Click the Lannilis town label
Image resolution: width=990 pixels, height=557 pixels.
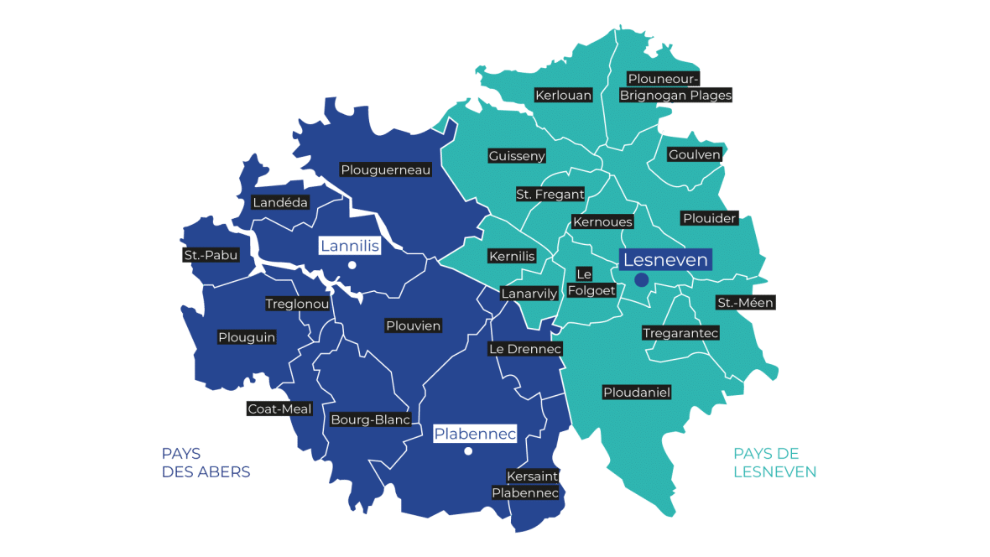click(x=350, y=246)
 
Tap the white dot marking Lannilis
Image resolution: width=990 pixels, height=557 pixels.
click(x=352, y=265)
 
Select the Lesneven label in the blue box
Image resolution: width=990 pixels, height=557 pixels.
click(x=665, y=260)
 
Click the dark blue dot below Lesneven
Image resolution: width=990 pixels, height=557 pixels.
click(x=641, y=280)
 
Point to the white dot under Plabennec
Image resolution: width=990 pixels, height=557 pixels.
click(x=468, y=451)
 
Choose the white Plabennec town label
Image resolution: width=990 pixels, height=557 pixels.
click(x=475, y=433)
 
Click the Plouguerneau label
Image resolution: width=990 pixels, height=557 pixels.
click(x=386, y=169)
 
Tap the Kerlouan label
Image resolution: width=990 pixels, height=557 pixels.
click(x=563, y=95)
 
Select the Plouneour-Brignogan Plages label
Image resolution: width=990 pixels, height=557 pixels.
click(x=675, y=87)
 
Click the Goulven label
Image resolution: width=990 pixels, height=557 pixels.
click(x=694, y=154)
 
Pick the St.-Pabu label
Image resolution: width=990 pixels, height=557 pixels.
click(x=211, y=254)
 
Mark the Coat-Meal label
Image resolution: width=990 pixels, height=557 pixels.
click(x=279, y=409)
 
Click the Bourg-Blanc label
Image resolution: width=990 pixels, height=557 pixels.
click(x=370, y=419)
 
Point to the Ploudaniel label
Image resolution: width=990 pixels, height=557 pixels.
click(x=637, y=392)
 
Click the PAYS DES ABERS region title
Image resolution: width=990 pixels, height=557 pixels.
click(x=206, y=463)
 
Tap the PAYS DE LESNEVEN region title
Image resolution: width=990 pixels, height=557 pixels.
click(x=774, y=463)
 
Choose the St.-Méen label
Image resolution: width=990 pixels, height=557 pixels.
click(x=745, y=302)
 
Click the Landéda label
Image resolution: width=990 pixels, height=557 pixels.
click(x=280, y=202)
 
